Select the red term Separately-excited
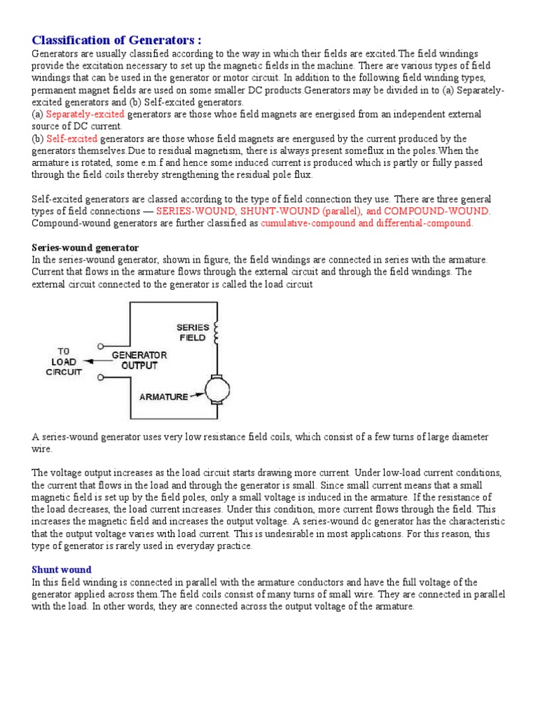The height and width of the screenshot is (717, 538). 85,113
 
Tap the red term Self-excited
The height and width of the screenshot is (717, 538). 71,139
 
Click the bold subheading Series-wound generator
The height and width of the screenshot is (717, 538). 85,248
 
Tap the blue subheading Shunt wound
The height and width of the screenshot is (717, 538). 62,569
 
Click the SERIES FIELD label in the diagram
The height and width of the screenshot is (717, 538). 191,332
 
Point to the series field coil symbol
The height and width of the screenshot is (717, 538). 217,333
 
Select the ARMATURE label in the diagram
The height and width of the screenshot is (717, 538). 163,396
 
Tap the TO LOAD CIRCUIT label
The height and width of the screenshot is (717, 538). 64,361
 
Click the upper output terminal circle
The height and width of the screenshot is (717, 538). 102,346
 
